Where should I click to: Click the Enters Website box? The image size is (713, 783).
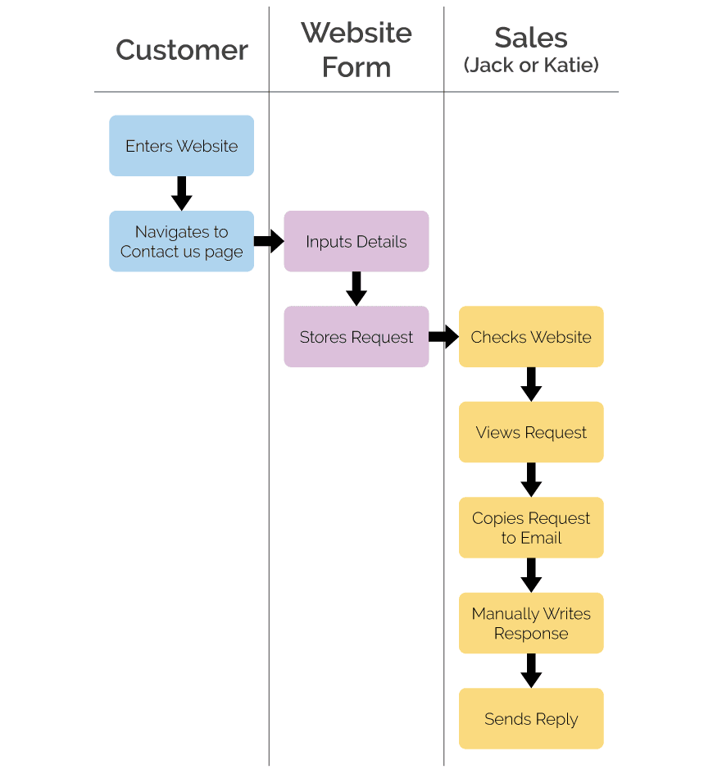[x=181, y=146]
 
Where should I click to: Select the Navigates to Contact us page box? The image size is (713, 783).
[x=181, y=241]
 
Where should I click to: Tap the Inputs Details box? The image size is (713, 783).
[x=356, y=241]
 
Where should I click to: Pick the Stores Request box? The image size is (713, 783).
[x=356, y=337]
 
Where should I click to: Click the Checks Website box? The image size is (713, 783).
[x=531, y=337]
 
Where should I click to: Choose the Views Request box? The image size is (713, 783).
[x=531, y=432]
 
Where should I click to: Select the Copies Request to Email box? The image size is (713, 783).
[x=531, y=527]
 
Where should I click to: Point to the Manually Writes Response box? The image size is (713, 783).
[x=531, y=623]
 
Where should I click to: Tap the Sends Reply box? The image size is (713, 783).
[x=531, y=718]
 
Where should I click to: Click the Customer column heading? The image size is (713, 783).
[x=181, y=50]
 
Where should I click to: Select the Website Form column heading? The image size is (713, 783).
[x=356, y=50]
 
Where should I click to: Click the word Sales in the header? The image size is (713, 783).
[x=531, y=38]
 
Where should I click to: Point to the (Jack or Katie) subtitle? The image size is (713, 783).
[x=531, y=66]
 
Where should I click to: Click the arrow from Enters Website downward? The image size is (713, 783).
[x=181, y=193]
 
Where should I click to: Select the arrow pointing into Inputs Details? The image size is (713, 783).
[x=269, y=241]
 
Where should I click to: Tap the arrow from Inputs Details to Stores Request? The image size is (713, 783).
[x=356, y=289]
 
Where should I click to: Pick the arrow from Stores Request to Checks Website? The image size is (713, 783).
[x=443, y=337]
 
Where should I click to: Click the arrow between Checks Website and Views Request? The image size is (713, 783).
[x=531, y=385]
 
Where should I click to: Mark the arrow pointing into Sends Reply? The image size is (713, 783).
[x=531, y=671]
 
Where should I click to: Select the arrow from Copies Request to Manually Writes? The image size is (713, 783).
[x=531, y=576]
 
